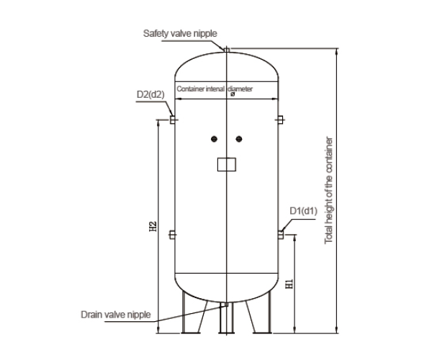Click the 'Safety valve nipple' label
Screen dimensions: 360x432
coord(180,33)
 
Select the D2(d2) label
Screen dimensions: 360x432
coord(150,94)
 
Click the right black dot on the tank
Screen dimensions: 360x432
coord(239,139)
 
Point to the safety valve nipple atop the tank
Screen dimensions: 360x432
coord(227,50)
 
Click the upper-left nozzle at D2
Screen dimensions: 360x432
coord(173,119)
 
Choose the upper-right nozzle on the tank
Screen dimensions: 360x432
coord(281,119)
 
